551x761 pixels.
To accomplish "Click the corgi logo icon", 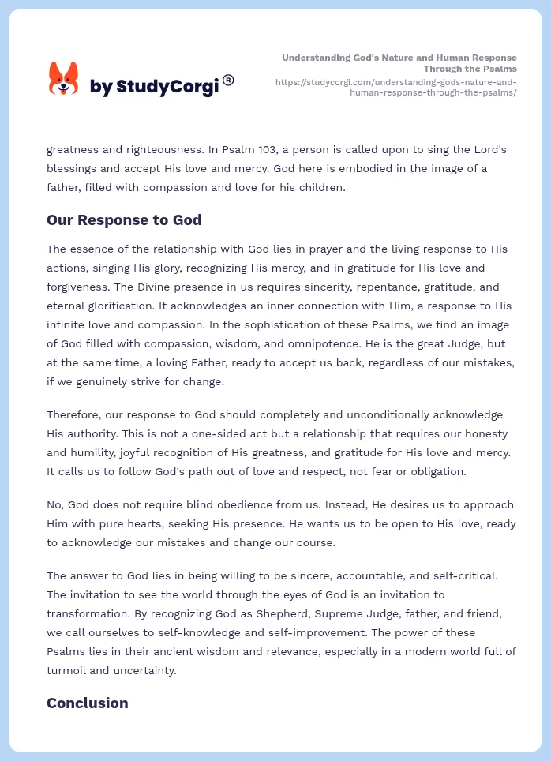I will pos(63,79).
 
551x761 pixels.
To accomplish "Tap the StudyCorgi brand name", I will pos(155,87).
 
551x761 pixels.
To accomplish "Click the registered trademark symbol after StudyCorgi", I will pos(228,80).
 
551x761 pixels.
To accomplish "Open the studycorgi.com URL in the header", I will pos(395,87).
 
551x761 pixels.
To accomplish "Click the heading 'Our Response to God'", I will pos(124,220).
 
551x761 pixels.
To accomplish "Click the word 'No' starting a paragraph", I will pos(54,504).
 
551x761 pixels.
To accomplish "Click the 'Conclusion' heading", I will pos(88,703).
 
